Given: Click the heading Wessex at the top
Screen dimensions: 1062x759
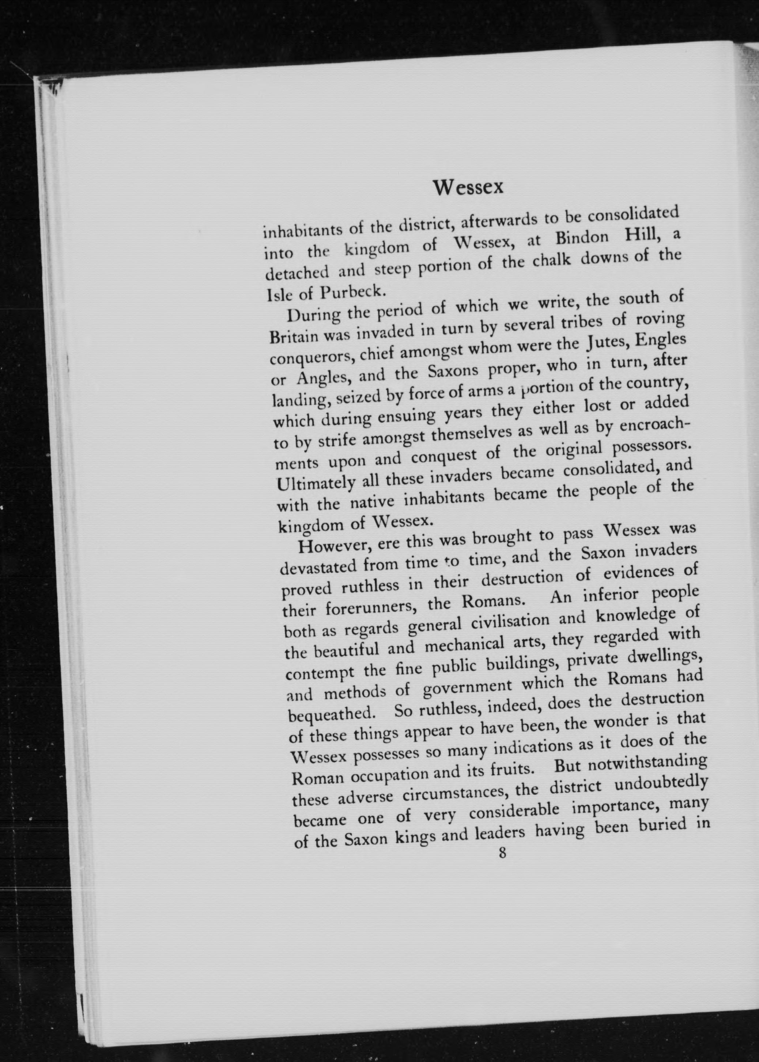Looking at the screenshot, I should tap(468, 187).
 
